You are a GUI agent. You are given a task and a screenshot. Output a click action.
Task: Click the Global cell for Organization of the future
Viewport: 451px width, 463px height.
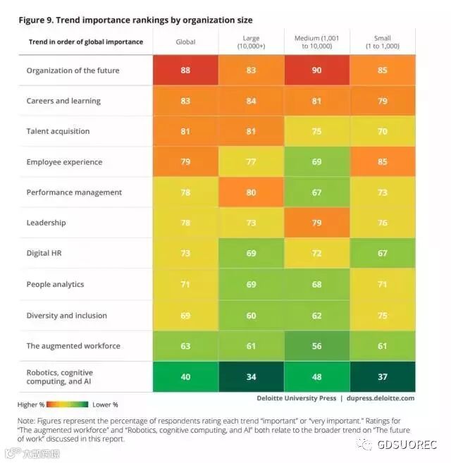185,70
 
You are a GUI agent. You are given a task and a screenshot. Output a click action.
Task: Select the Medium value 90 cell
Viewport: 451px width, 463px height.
316,70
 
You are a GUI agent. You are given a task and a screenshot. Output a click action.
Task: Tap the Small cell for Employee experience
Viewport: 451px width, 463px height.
383,162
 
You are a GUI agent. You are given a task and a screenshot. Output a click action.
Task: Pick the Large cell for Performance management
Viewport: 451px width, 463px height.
251,192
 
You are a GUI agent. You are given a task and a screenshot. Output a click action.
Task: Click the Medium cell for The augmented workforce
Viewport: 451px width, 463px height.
316,346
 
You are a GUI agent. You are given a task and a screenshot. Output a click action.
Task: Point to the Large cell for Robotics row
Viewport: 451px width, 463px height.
251,376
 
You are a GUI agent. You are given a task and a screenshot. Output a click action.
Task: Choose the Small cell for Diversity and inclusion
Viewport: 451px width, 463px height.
383,315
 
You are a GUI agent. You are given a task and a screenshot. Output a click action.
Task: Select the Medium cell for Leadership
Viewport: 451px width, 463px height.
316,223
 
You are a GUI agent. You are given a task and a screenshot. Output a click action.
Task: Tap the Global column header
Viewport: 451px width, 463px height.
185,42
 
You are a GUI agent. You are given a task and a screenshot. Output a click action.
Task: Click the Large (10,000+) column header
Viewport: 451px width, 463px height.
251,42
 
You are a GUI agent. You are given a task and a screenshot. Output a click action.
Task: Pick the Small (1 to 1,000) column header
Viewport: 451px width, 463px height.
383,42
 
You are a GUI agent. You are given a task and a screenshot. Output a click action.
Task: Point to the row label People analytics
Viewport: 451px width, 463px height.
55,285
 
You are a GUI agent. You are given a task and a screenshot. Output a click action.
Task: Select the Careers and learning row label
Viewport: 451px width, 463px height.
63,101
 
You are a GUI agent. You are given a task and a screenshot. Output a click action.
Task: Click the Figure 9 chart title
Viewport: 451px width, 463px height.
135,20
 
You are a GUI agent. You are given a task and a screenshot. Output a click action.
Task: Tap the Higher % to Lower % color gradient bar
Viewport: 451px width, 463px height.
68,405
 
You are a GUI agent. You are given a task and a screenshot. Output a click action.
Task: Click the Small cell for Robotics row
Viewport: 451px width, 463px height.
383,376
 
